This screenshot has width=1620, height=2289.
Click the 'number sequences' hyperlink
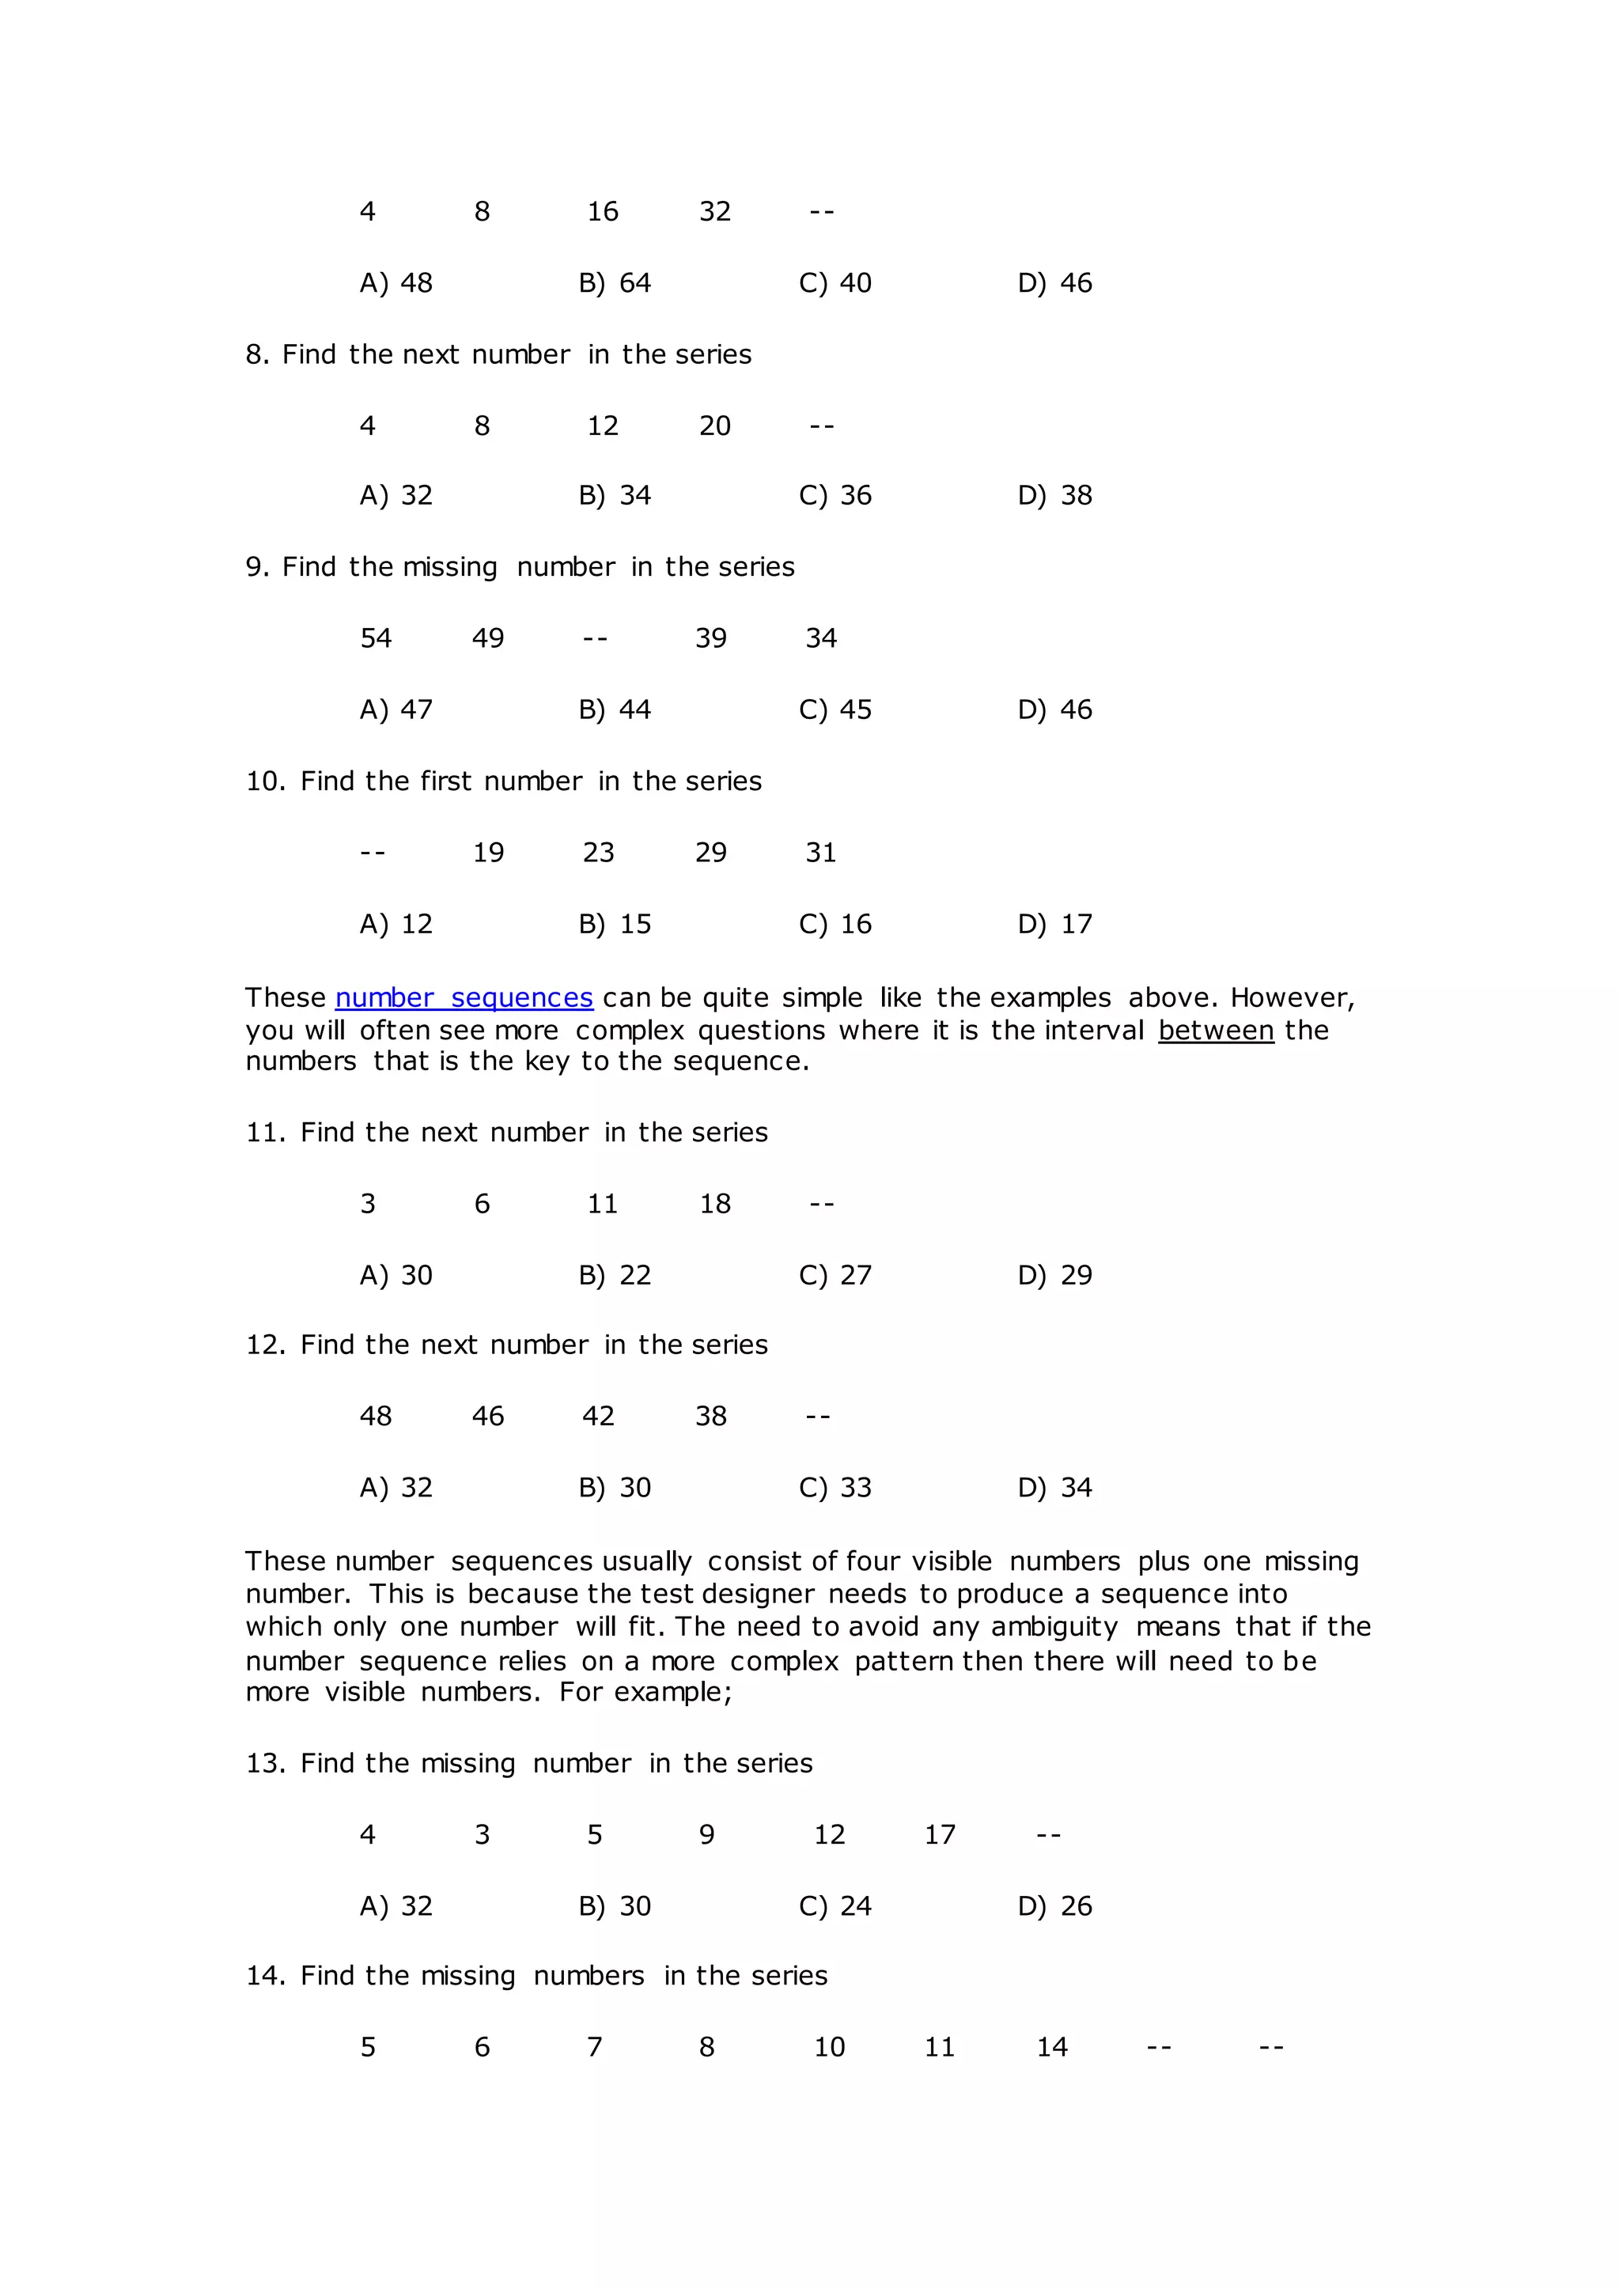tap(464, 998)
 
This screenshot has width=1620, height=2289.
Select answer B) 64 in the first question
tap(615, 283)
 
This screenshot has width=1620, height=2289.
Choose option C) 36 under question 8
tap(835, 496)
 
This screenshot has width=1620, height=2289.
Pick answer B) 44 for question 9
tap(615, 710)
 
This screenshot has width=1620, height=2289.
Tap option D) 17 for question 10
tap(1054, 925)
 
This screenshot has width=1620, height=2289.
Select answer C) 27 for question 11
tap(835, 1276)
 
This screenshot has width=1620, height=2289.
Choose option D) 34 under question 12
tap(1054, 1488)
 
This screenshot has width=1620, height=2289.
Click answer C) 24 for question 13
tap(835, 1907)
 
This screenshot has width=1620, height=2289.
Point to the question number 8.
tap(257, 355)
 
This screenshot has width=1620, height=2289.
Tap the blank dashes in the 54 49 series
tap(596, 638)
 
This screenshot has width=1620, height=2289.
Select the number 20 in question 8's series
tap(715, 426)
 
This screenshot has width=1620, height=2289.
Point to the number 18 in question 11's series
tap(715, 1204)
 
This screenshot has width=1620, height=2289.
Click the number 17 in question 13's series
tap(940, 1835)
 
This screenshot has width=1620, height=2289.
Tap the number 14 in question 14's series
tap(1052, 2048)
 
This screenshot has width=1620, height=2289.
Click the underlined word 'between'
tap(1216, 1031)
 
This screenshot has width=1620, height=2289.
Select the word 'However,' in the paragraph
tap(1292, 998)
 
